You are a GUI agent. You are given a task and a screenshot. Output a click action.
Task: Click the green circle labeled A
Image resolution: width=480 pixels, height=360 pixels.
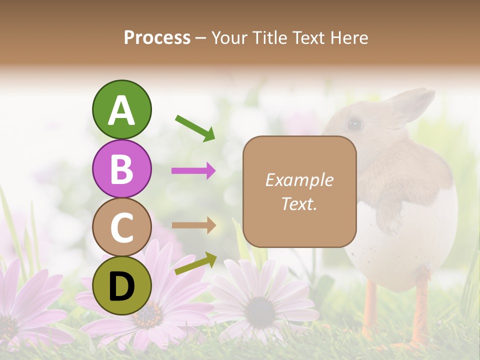coord(121,109)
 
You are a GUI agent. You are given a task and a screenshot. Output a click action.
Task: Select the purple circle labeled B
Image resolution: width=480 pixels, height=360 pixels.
coord(121,168)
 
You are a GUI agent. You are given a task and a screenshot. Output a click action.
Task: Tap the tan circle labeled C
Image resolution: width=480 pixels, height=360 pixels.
coord(121,227)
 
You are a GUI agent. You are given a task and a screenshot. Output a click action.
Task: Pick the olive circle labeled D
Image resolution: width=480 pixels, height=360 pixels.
coord(121,285)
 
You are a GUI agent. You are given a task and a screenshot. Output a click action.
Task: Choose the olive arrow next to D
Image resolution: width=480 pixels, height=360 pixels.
coord(195,263)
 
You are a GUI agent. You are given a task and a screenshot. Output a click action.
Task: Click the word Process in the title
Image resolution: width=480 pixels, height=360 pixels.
coord(157,37)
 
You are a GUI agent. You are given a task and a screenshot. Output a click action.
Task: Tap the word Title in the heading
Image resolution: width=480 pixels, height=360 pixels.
coord(269,37)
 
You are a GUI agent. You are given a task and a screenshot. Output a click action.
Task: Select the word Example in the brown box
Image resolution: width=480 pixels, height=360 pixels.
coord(299,180)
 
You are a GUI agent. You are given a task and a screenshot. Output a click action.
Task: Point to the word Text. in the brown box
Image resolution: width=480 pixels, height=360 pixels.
coord(299,203)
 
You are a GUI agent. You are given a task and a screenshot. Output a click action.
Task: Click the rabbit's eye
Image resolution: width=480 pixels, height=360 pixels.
coord(354,123)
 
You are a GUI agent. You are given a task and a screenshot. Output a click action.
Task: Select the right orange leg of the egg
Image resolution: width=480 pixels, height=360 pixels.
coord(420,305)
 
